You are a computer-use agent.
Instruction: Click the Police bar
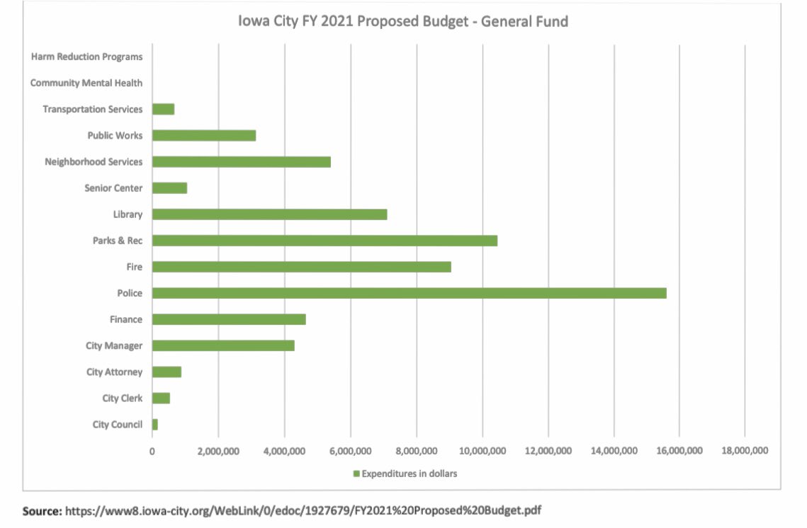click(x=409, y=293)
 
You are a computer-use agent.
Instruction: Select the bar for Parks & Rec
click(x=325, y=241)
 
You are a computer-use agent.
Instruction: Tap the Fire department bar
click(x=301, y=267)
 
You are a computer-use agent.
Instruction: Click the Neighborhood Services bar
click(x=241, y=162)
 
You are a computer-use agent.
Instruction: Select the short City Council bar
click(x=155, y=425)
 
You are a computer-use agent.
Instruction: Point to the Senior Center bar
click(x=169, y=188)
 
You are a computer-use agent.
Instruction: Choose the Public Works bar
click(x=203, y=136)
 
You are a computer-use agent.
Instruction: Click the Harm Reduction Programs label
click(x=86, y=57)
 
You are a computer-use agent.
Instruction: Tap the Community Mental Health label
click(x=86, y=83)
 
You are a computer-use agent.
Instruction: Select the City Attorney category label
click(x=114, y=372)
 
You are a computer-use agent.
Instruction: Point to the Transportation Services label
click(x=92, y=109)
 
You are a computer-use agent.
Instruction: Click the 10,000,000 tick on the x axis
click(x=482, y=451)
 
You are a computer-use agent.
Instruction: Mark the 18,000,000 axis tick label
click(x=745, y=451)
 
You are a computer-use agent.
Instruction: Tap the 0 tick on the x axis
click(x=152, y=451)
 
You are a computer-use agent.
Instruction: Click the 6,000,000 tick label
click(x=351, y=451)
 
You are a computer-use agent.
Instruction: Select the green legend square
click(x=357, y=474)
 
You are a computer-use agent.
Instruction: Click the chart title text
click(x=402, y=21)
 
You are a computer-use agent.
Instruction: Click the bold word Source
click(x=42, y=510)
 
